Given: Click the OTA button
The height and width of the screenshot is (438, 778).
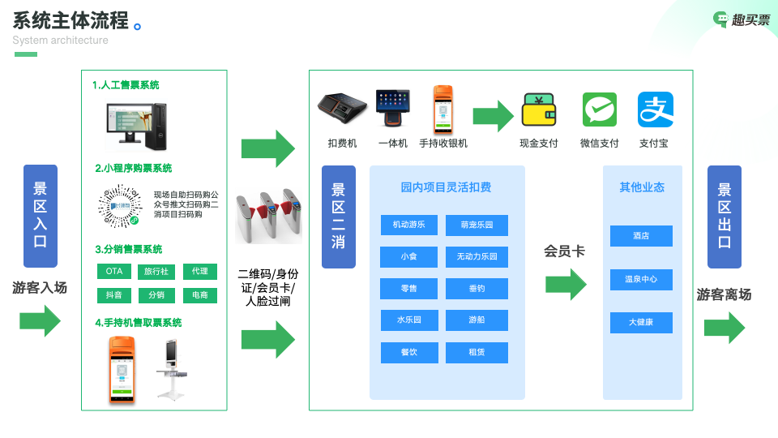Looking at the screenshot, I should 114,271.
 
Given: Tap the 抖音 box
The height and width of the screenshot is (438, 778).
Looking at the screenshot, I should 114,295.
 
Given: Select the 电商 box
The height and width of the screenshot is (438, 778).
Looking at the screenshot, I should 199,295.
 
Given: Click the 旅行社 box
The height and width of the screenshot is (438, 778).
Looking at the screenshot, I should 156,271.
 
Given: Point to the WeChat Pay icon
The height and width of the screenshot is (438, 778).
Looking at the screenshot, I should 600,110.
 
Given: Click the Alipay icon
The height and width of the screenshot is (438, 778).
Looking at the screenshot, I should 656,110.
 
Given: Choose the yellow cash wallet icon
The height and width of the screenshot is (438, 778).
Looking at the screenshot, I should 539,111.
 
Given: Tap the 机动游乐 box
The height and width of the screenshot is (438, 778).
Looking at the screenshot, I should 408,225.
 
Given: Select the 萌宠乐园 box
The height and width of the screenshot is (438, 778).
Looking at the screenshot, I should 477,225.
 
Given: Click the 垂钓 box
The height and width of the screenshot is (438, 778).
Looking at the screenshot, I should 477,289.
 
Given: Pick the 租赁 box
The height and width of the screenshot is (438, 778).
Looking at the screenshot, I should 477,352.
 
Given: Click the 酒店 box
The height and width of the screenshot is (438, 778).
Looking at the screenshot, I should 641,236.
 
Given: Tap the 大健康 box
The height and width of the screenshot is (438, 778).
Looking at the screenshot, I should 641,323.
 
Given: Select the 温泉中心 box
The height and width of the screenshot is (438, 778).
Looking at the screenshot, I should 641,280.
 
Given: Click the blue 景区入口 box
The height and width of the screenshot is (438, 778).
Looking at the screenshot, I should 41,216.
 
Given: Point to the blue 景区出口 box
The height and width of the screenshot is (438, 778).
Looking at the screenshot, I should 725,217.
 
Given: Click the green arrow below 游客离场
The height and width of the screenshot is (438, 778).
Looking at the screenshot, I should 724,328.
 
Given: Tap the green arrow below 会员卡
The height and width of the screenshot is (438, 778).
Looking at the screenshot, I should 566,285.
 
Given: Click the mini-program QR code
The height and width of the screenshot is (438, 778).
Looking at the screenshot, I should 120,206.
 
